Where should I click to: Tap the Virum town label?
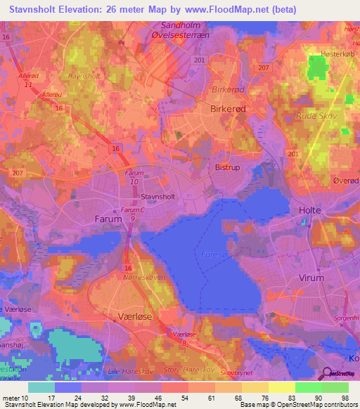tap(311, 278)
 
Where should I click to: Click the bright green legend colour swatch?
tap(308, 387)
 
